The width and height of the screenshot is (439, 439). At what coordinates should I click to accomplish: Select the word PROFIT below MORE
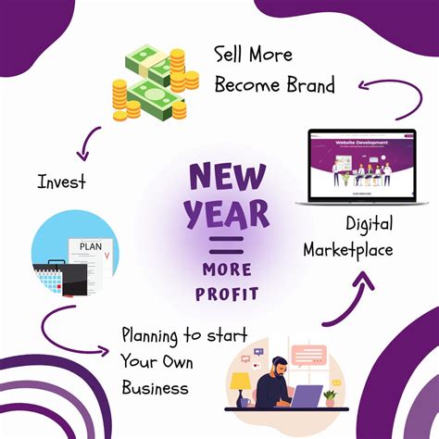[226, 295]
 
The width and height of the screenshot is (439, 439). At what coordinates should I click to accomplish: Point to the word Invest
[62, 182]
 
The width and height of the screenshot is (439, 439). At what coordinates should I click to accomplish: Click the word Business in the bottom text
[154, 387]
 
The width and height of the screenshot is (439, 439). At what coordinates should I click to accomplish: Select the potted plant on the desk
[331, 395]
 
